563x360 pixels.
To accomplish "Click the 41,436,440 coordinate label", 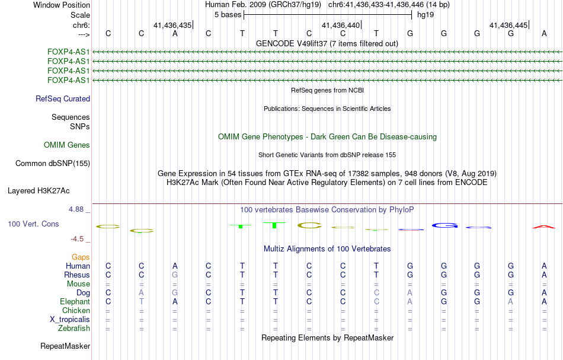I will (341, 26).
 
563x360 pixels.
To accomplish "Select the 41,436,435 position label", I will (172, 26).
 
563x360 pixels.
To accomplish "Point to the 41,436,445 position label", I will (508, 26).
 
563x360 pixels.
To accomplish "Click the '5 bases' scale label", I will (228, 14).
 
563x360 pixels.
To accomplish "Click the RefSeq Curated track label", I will (63, 99).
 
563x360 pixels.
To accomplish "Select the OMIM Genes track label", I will (67, 145).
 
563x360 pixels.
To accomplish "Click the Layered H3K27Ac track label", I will (39, 191).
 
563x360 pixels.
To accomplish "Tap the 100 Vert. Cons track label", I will (33, 224).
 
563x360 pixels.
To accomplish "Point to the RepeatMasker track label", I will (65, 346).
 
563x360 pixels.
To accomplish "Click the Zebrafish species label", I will (74, 328).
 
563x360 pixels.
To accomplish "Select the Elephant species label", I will (75, 302).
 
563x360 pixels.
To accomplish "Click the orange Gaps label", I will (81, 257).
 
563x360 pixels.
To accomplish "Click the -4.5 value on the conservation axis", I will (79, 239).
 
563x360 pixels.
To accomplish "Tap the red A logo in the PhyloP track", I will (544, 227).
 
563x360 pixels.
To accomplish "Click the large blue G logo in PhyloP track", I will (444, 225).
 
